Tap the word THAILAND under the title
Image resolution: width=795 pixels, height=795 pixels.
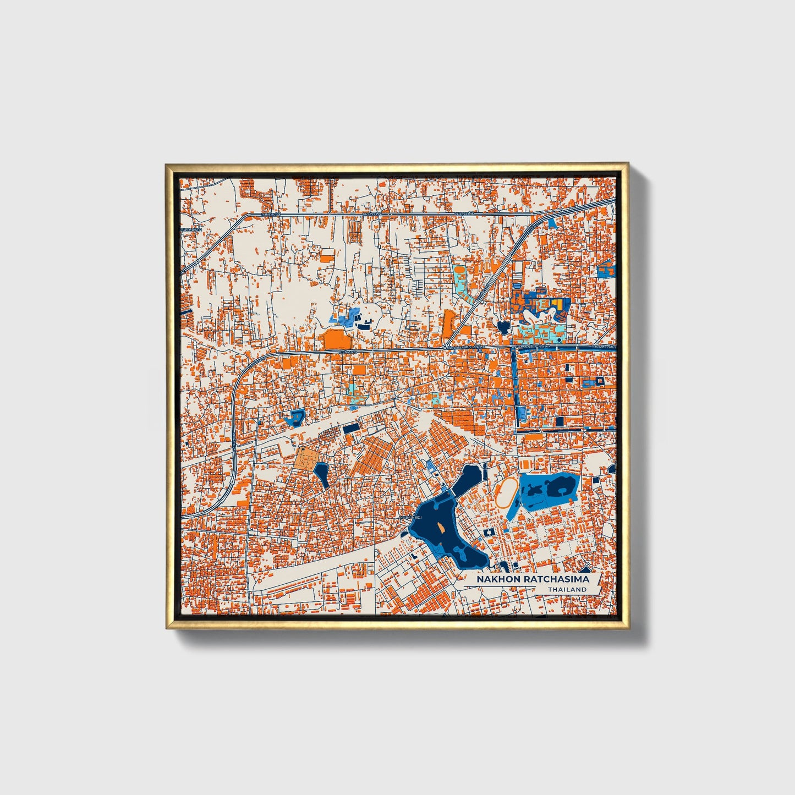[567, 589]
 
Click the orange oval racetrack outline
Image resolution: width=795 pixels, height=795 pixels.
[507, 492]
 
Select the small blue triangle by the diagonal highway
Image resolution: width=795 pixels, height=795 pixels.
[552, 222]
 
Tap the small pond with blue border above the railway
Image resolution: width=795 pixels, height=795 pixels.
[295, 418]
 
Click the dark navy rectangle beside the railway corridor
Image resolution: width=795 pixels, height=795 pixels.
[350, 429]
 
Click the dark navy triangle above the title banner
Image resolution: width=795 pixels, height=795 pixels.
[585, 569]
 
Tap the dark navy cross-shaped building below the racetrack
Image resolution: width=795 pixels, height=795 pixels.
[488, 533]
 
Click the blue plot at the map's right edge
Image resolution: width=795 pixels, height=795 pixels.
[606, 270]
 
